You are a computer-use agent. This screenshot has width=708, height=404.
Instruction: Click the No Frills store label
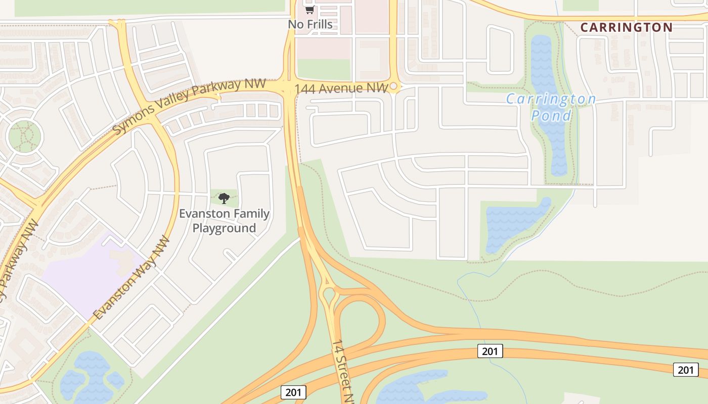[x=310, y=24]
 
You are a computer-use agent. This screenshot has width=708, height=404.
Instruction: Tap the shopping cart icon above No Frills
[x=309, y=10]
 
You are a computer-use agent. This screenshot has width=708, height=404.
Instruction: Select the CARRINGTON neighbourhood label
[x=626, y=27]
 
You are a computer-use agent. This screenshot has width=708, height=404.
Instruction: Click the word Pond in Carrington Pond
[x=551, y=116]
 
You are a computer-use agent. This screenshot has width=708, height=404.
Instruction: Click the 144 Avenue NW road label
[x=341, y=88]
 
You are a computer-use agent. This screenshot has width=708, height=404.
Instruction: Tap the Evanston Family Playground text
[x=224, y=221]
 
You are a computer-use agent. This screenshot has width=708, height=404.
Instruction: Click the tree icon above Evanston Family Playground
[x=224, y=198]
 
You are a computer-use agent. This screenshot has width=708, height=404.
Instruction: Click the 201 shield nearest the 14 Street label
[x=293, y=392]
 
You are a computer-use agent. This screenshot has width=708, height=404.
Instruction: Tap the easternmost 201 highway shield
[x=685, y=370]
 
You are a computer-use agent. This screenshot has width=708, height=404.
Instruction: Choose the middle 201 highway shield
[x=490, y=351]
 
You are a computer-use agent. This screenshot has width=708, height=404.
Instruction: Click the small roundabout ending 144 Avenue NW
[x=394, y=87]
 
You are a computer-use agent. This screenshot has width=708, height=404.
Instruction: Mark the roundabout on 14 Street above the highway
[x=329, y=292]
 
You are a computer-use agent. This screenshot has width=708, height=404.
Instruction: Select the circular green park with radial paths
[x=24, y=136]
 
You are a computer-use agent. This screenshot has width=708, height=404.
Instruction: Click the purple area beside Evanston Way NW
[x=91, y=275]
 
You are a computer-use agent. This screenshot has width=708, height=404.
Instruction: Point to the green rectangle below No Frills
[x=324, y=69]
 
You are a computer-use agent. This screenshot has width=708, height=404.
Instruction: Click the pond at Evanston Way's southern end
[x=91, y=376]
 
